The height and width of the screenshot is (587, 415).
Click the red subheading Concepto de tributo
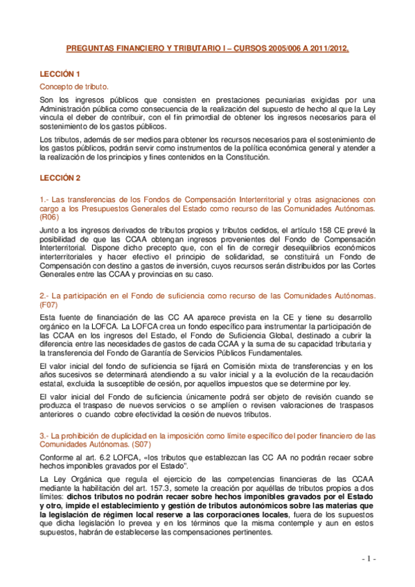73,87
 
